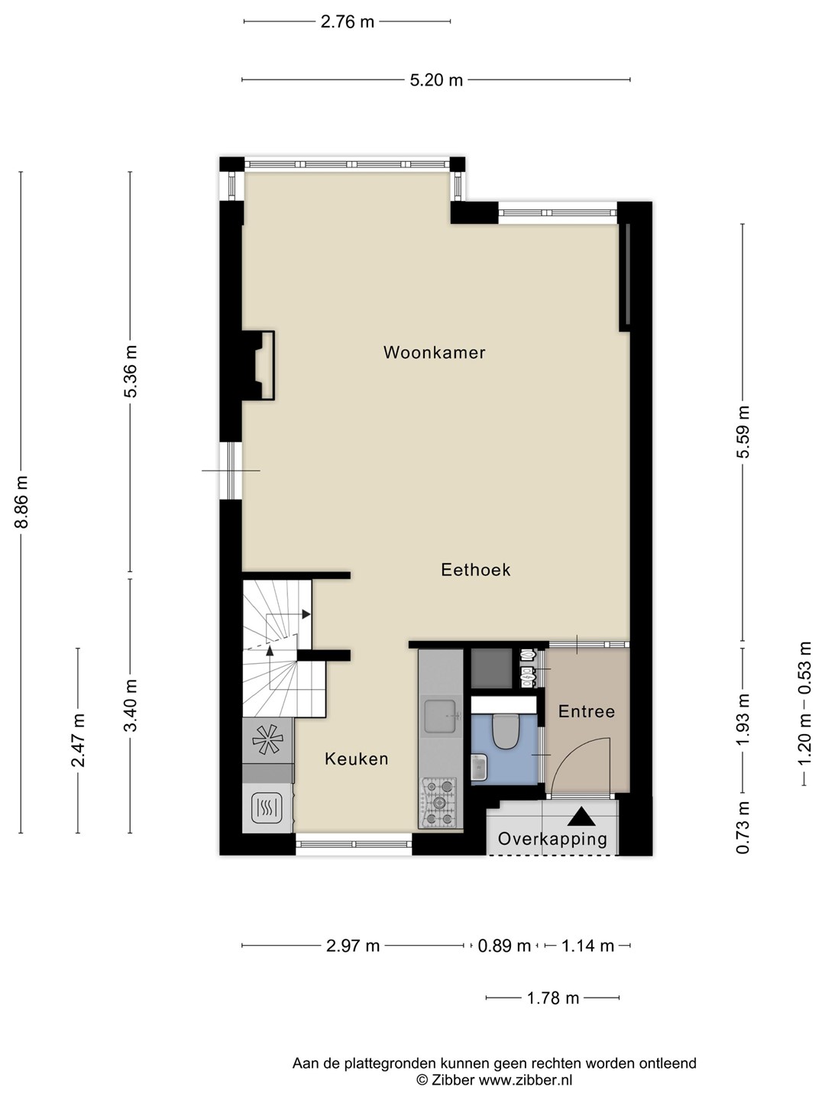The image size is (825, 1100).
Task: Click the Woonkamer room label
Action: [x=435, y=352]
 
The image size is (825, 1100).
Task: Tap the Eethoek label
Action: [x=476, y=570]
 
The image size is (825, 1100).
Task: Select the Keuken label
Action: [x=357, y=759]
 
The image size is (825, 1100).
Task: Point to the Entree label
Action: [x=587, y=711]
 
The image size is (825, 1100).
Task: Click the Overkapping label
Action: [x=552, y=839]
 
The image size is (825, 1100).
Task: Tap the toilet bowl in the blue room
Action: [x=504, y=731]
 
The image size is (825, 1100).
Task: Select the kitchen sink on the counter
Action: [x=440, y=716]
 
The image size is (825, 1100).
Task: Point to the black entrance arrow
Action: [x=581, y=817]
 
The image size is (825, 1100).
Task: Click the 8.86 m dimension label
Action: [x=21, y=502]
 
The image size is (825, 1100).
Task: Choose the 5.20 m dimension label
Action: [x=436, y=80]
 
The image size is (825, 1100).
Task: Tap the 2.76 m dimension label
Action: [x=347, y=22]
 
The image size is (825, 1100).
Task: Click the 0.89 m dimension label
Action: [x=504, y=946]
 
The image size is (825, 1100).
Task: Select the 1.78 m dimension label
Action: [x=552, y=998]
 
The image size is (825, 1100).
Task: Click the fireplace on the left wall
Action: [x=258, y=365]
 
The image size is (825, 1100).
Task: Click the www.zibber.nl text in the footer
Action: [x=525, y=1080]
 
